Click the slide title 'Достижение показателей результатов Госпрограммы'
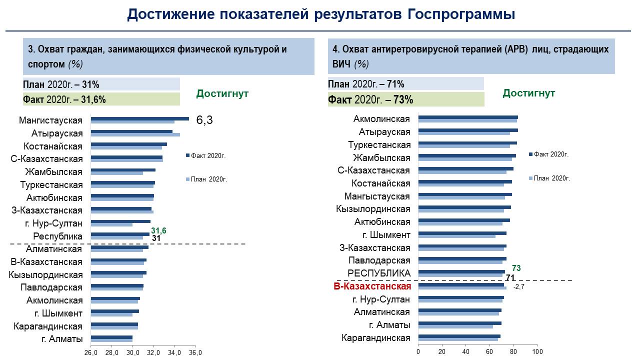coord(320,14)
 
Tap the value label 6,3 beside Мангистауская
coord(204,120)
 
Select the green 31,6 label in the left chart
coord(158,230)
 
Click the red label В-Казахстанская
coord(372,286)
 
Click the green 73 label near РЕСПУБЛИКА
coord(516,268)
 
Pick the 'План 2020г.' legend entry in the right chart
coord(552,178)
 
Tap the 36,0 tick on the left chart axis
coord(195,352)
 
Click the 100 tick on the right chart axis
coord(537,352)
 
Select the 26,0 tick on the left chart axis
coord(90,352)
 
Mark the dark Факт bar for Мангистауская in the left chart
coord(140,118)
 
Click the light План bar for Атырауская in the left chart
coord(135,134)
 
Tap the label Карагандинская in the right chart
coord(375,338)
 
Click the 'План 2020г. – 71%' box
coord(405,83)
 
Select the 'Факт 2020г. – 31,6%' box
coord(101,99)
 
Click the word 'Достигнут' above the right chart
coord(528,93)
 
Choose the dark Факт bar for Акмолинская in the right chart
coord(468,117)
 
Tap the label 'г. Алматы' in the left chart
coord(62,339)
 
